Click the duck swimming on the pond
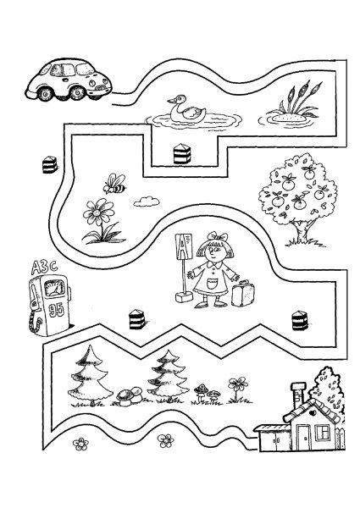[x=187, y=109]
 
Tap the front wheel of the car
[x=78, y=92]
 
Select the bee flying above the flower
[x=114, y=184]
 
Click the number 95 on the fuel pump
[x=57, y=310]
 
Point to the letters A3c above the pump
[x=44, y=268]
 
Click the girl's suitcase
[x=242, y=294]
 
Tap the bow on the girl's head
[x=218, y=236]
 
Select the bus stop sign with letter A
[x=184, y=246]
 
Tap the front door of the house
[x=304, y=438]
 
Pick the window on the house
[x=323, y=433]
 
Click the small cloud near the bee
[x=147, y=202]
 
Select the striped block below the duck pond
[x=182, y=153]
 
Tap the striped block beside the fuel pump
[x=50, y=164]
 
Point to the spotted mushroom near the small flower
[x=202, y=389]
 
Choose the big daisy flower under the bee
[x=99, y=213]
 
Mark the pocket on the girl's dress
[x=213, y=283]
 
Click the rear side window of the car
[x=56, y=70]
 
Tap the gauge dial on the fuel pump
[x=54, y=288]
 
